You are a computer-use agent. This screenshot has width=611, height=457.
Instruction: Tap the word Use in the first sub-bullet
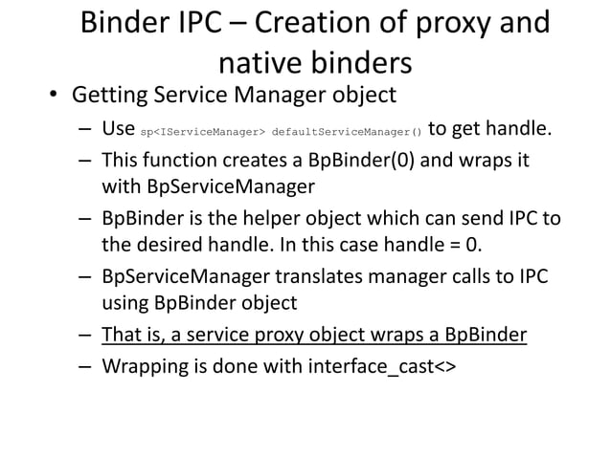click(118, 128)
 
